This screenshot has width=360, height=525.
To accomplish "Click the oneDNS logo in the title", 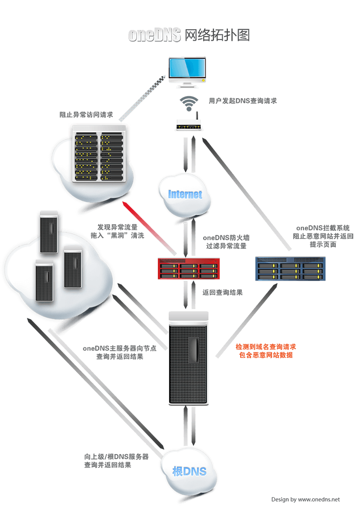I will (154, 35).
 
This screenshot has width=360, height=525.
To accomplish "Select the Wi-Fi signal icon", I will (189, 103).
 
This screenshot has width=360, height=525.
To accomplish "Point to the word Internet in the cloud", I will (186, 194).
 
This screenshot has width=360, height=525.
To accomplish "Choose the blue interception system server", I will (291, 268).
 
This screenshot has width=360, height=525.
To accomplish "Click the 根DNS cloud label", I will (189, 471).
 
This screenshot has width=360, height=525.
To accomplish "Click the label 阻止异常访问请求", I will (86, 115).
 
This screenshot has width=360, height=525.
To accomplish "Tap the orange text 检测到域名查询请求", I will (265, 347).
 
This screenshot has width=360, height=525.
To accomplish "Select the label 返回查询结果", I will (223, 293).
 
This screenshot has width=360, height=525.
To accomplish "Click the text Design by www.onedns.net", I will (305, 499).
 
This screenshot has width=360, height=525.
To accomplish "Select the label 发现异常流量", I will (118, 226).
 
